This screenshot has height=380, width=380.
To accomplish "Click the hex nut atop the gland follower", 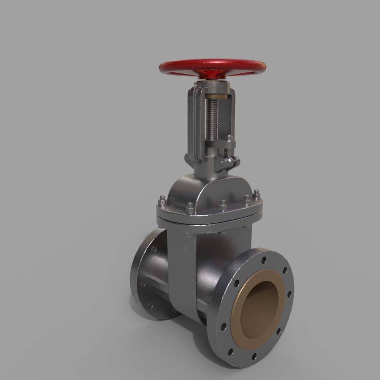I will [x=229, y=138].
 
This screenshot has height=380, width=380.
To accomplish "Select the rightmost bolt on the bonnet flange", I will [x=257, y=193].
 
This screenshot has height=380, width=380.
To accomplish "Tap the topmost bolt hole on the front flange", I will [x=263, y=260].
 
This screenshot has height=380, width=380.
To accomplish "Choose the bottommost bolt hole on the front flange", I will [x=253, y=356].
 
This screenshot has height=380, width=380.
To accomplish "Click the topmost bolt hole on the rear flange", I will [x=154, y=249].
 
